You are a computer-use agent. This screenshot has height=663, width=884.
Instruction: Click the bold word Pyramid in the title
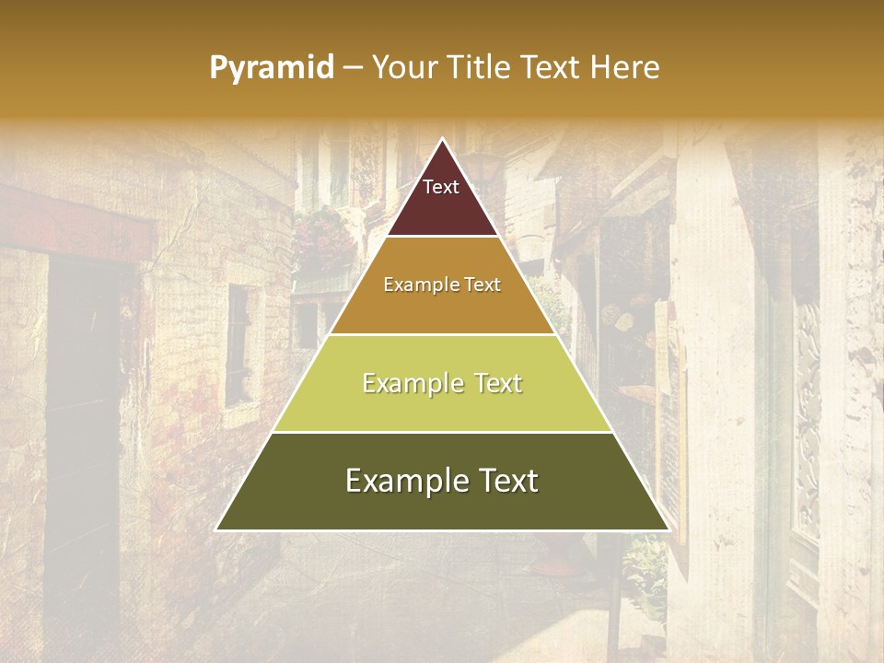click(272, 67)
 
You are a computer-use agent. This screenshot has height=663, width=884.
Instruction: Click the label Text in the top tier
click(441, 187)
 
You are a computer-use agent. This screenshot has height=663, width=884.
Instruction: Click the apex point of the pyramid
click(442, 139)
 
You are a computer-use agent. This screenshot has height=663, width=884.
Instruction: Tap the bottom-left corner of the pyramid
click(216, 529)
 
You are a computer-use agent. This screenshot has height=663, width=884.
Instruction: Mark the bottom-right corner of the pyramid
click(669, 529)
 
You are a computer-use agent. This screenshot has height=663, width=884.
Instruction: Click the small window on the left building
click(238, 345)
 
